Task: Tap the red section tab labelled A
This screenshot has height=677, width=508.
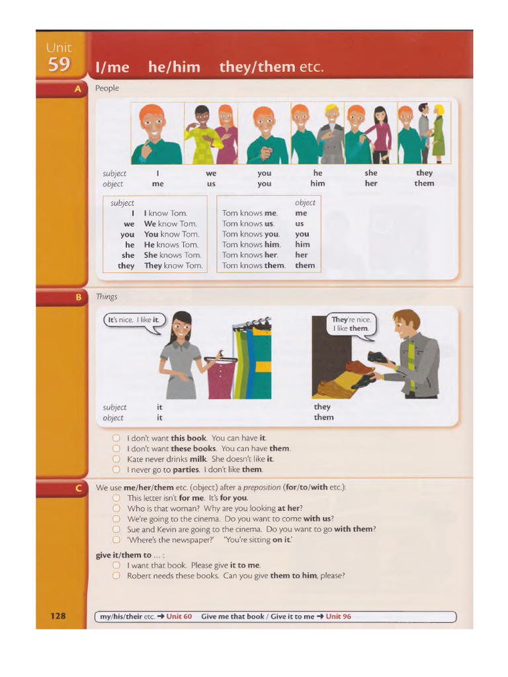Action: [78, 89]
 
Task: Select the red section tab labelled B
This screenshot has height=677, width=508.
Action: [78, 298]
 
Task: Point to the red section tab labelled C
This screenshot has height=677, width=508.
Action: [78, 488]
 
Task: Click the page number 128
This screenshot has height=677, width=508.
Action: [58, 616]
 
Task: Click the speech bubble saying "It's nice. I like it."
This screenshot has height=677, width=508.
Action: [134, 321]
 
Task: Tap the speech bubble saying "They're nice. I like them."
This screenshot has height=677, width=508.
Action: [351, 324]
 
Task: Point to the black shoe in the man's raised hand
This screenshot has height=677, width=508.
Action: [378, 357]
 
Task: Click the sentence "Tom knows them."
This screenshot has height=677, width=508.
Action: [253, 266]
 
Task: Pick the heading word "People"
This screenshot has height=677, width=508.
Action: [107, 89]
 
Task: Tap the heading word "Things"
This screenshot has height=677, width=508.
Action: [106, 297]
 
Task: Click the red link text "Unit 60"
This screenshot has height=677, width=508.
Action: [179, 616]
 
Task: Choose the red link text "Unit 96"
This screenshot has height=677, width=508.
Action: [338, 616]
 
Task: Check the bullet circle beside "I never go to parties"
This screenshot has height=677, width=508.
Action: [116, 469]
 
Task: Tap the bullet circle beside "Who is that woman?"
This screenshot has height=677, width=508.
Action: [116, 508]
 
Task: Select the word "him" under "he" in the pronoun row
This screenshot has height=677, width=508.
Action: [317, 184]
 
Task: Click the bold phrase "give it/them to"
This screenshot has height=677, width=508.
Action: [124, 555]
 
